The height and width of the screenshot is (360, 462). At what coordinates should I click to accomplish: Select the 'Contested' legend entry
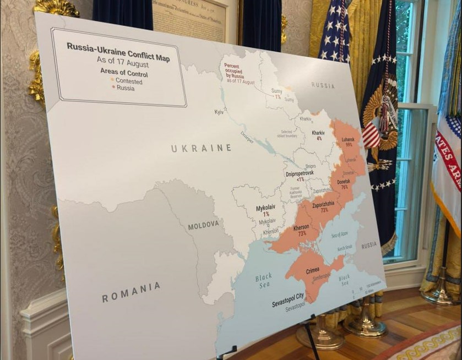tap(128, 81)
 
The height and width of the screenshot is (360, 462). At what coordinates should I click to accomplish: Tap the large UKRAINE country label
tap(201, 148)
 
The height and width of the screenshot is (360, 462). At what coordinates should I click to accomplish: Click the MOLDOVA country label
tap(203, 226)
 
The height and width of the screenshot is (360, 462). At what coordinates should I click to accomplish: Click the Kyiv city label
tap(219, 112)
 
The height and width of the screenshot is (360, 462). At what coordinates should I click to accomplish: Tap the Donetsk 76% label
tap(343, 184)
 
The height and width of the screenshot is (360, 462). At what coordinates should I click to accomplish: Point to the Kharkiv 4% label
tap(318, 135)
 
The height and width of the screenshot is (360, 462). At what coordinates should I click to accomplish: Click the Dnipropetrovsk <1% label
tap(300, 176)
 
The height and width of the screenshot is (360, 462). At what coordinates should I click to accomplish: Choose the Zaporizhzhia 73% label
tap(324, 207)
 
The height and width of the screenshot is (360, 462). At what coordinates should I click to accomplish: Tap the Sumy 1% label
tap(277, 94)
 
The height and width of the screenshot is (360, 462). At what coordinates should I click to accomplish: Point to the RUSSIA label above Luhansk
tap(323, 85)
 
